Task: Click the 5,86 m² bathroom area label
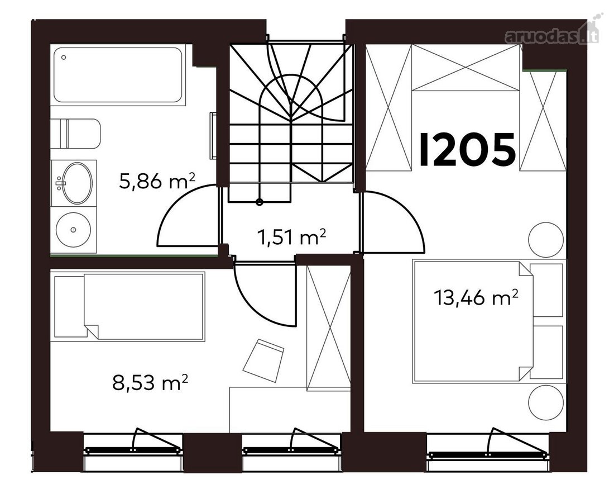point(157,181)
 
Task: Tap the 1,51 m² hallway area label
point(292,238)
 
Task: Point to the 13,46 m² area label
point(476,297)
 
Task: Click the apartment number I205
point(467,149)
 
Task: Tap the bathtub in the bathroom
point(118,75)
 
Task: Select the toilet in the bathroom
point(76,134)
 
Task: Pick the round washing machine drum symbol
point(73,229)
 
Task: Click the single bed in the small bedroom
point(129,307)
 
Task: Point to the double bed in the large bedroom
point(473,321)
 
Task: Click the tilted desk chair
point(263,360)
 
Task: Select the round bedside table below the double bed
point(546,402)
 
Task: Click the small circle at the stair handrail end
point(259,202)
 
